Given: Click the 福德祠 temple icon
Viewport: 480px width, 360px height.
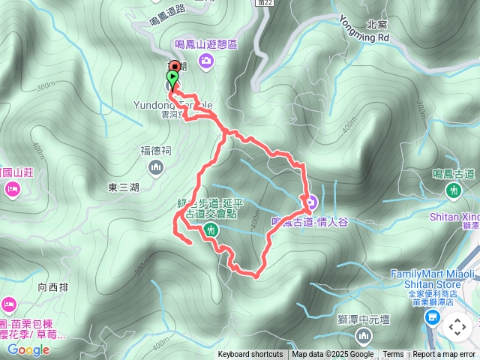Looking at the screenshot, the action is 156,166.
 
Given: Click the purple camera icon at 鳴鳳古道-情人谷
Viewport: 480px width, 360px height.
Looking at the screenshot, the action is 308,202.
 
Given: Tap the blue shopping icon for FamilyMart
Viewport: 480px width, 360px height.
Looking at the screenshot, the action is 432,319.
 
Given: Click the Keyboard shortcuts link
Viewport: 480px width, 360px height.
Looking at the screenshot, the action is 250,355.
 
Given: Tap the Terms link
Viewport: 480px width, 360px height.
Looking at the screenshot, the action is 393,355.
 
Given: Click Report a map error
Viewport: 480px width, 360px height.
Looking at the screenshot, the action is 444,355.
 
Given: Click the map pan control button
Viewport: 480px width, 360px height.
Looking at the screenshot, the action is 457,327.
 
